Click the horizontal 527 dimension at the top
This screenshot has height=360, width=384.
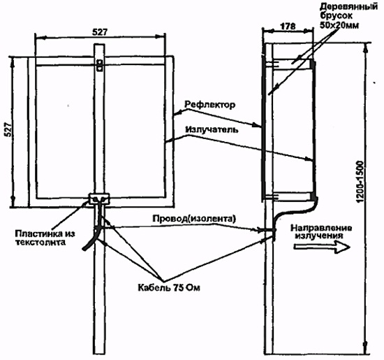coord(100,32)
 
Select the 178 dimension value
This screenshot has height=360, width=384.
coord(288,27)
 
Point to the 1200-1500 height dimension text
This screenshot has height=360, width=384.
coord(360,182)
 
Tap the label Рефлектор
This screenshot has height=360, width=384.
coord(210,105)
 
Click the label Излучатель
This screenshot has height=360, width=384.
coord(212,129)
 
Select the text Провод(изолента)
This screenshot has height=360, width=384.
coord(195,219)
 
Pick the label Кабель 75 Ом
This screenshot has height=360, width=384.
coord(169,287)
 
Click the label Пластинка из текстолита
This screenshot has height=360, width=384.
coord(45,238)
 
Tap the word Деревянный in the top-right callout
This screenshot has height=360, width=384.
coord(348,6)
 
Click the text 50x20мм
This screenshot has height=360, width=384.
coord(339,25)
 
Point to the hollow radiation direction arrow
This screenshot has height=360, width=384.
coord(322,247)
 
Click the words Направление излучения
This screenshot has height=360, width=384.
coord(321,232)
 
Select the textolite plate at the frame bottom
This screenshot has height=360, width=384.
coord(99,199)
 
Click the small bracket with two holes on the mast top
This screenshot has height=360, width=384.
coord(99,65)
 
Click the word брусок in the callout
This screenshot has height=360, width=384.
coord(337,16)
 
